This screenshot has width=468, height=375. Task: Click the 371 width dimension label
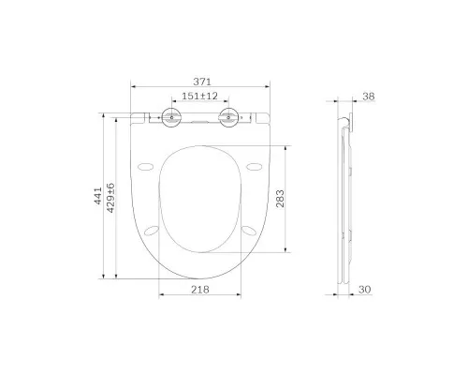tap(202, 82)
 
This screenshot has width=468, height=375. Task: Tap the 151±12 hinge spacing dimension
tap(199, 96)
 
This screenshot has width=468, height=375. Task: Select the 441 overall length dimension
tap(98, 196)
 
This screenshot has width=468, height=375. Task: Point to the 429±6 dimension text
tap(110, 198)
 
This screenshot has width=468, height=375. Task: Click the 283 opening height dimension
tap(280, 199)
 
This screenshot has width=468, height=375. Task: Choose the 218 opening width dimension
tap(200, 290)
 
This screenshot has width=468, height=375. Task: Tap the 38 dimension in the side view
tap(368, 97)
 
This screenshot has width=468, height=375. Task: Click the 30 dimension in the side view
tap(365, 290)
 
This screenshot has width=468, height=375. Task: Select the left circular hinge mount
tap(171, 117)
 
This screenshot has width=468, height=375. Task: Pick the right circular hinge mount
tap(229, 117)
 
